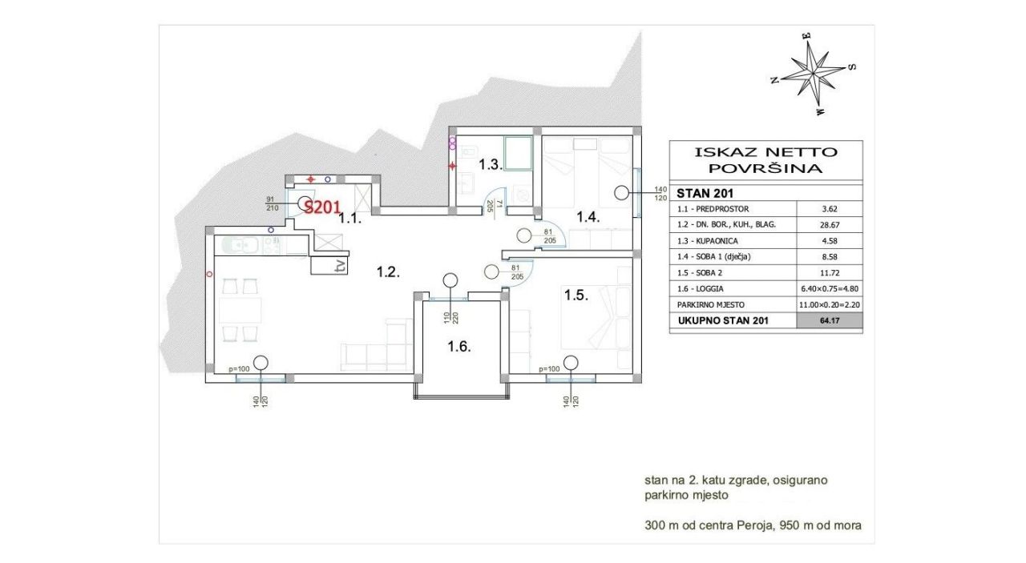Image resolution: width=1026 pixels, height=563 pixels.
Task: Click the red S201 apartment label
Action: pyautogui.click(x=322, y=207)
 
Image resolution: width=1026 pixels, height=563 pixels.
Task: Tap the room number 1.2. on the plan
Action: pyautogui.click(x=389, y=272)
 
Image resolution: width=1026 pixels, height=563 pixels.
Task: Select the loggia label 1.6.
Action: pyautogui.click(x=459, y=347)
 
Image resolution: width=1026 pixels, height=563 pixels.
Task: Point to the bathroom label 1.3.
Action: pyautogui.click(x=491, y=164)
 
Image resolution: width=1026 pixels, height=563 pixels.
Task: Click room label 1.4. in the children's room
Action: pyautogui.click(x=588, y=216)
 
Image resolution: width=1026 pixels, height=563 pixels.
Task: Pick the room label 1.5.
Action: pyautogui.click(x=576, y=296)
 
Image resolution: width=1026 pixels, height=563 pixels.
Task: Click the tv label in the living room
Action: pyautogui.click(x=339, y=267)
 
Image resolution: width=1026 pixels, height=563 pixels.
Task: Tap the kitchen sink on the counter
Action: pyautogui.click(x=236, y=245)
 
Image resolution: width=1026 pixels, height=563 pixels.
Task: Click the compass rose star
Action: pyautogui.click(x=814, y=73)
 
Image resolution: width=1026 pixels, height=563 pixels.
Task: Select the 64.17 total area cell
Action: pyautogui.click(x=830, y=320)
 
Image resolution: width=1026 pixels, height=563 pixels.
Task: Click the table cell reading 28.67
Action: pyautogui.click(x=830, y=225)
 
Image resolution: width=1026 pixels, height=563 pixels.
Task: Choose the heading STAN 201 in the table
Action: pyautogui.click(x=705, y=193)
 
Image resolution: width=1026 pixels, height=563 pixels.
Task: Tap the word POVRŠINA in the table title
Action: pyautogui.click(x=765, y=168)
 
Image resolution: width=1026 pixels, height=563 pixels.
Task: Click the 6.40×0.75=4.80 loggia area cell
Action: pyautogui.click(x=830, y=289)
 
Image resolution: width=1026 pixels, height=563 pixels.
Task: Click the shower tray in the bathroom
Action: pyautogui.click(x=518, y=153)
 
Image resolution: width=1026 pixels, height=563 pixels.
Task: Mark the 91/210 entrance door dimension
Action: pyautogui.click(x=272, y=203)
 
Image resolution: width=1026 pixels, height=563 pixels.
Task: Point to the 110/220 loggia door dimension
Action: pyautogui.click(x=451, y=318)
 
